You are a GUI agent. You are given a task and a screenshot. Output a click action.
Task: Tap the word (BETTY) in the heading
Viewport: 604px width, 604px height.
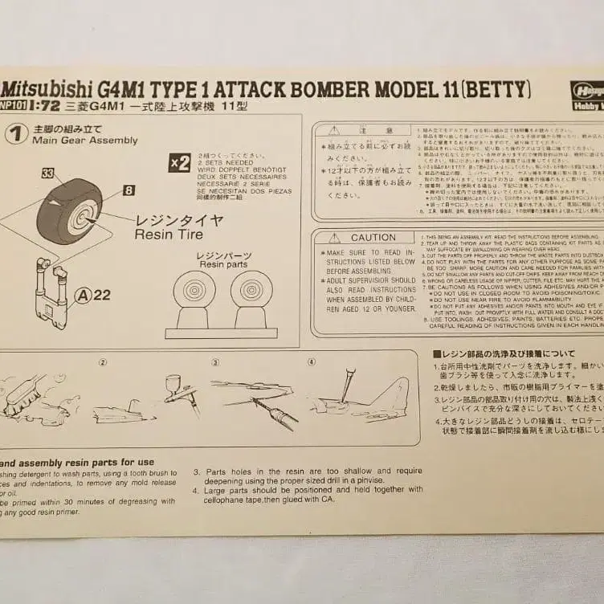496,88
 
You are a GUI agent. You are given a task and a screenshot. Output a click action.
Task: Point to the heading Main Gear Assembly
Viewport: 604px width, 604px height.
84,141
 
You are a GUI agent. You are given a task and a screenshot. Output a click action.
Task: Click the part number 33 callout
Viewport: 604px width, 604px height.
48,173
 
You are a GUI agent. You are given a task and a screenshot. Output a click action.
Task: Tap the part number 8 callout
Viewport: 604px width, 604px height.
129,190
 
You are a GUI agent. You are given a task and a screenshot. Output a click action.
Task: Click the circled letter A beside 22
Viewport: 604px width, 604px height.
81,295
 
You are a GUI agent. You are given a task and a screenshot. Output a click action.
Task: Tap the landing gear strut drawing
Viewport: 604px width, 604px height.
51,293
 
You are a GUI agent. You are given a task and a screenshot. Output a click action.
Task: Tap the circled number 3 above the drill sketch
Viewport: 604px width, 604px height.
216,361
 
